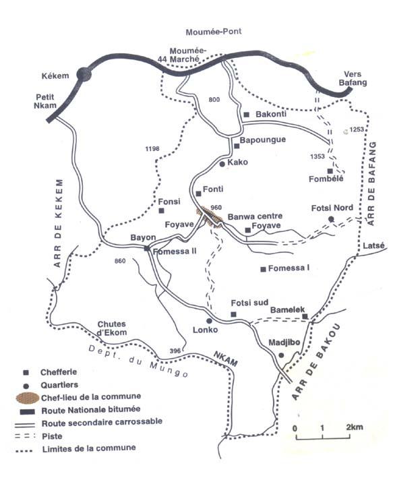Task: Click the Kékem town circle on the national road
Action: [x=84, y=75]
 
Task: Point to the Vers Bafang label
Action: [x=355, y=78]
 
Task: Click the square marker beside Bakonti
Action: [x=247, y=115]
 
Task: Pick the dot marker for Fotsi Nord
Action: [x=330, y=220]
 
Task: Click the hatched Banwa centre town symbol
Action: [x=208, y=216]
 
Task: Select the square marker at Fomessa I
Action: [x=263, y=269]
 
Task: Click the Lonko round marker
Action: [x=209, y=320]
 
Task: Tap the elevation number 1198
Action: [x=153, y=149]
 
